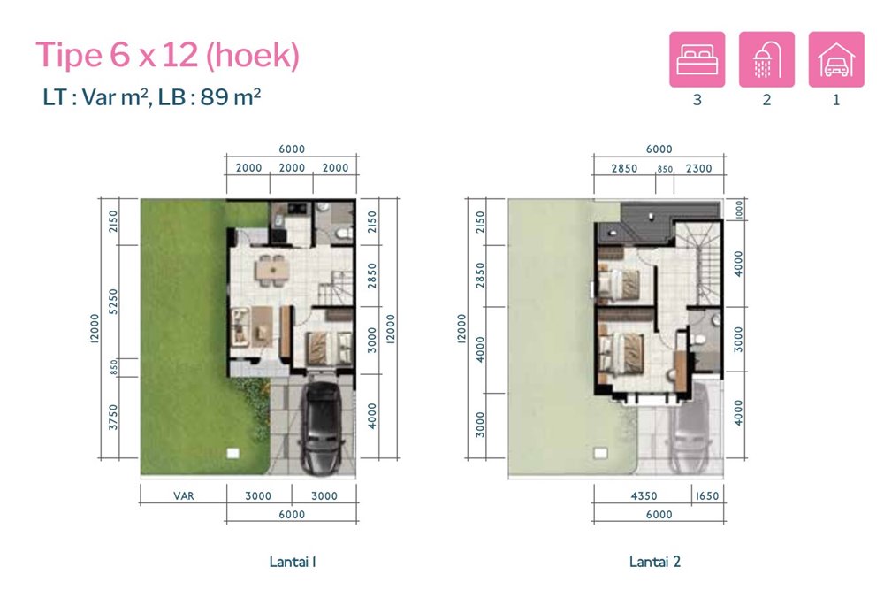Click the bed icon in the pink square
coord(697,59)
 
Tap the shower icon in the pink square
coord(766,59)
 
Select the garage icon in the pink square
coord(836,59)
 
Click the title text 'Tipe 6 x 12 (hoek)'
coord(167,55)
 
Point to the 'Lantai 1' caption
coord(293,562)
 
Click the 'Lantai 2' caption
coord(654,562)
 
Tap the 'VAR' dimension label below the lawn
coord(183,496)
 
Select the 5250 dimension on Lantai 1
coord(113,302)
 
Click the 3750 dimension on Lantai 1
coord(113,417)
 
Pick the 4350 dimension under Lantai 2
coord(644,496)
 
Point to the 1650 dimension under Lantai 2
coord(707,496)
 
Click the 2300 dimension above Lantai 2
coord(698,168)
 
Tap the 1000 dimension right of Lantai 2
coord(739,211)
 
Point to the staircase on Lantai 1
coord(335,288)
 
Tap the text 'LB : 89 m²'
coord(210,97)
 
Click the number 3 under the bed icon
coord(697,100)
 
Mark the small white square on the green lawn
coord(232,453)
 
